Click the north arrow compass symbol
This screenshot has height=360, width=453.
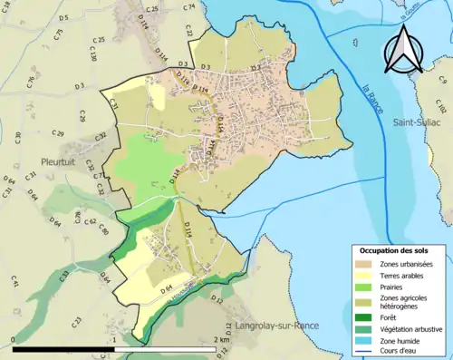405,49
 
